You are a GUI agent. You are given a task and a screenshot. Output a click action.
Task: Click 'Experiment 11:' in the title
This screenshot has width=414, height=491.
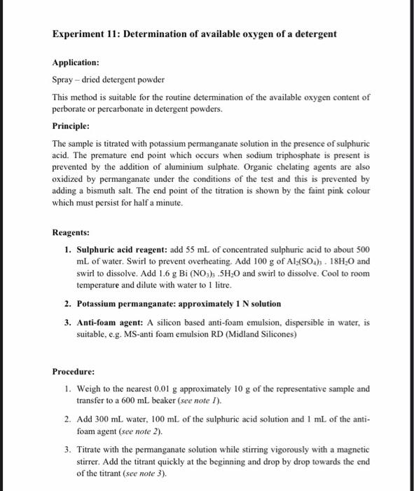87,34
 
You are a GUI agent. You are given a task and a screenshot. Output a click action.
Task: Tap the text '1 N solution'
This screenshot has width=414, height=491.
257,304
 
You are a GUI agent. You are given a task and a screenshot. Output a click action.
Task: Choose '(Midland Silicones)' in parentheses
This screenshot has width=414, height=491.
263,334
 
